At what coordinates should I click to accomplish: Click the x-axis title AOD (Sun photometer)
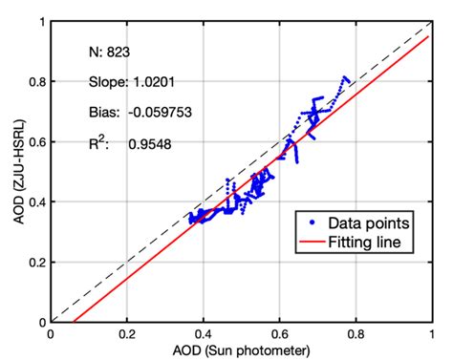click(x=241, y=350)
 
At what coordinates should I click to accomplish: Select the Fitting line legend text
click(x=367, y=243)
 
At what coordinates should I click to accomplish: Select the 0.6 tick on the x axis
click(x=279, y=334)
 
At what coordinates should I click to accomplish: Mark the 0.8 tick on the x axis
click(x=356, y=334)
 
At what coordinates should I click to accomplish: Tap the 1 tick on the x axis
click(x=432, y=334)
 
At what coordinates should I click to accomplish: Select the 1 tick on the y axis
click(x=40, y=20)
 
